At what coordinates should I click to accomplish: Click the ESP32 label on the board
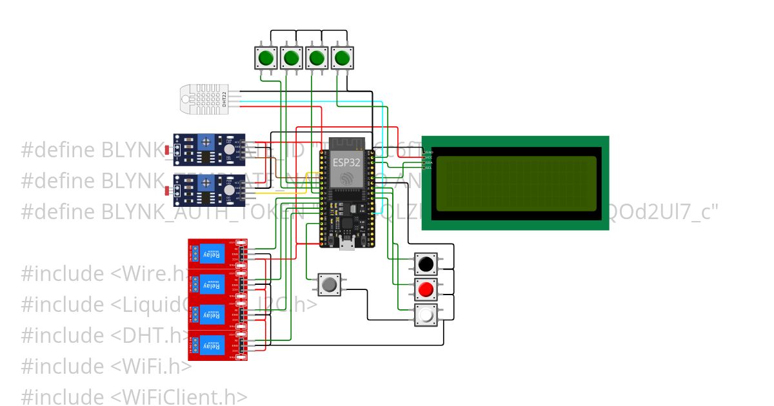(x=346, y=162)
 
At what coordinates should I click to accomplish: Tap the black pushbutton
(x=426, y=264)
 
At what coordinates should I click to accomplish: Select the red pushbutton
(x=426, y=290)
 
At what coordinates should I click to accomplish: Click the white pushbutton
(x=426, y=316)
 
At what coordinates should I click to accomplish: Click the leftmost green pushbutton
(x=266, y=58)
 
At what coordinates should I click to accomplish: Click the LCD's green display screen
(x=516, y=184)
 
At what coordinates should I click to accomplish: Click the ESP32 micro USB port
(x=346, y=243)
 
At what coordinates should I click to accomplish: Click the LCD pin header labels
(x=429, y=159)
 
